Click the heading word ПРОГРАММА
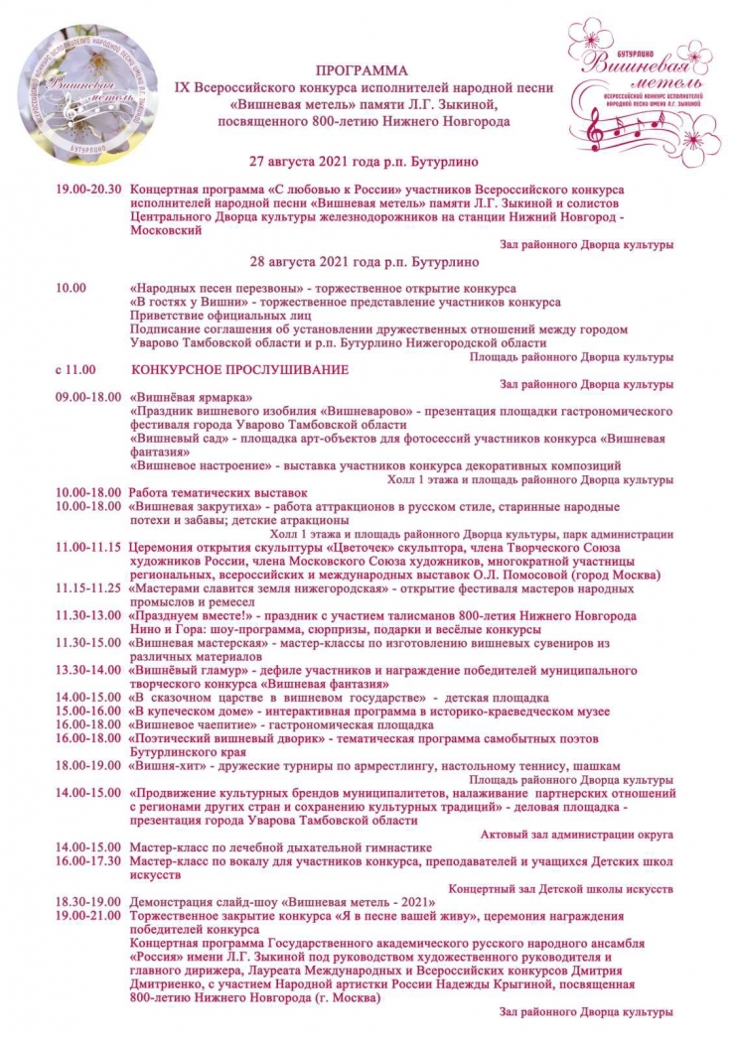[x=362, y=71]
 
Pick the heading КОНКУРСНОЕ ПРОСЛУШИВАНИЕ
[x=239, y=370]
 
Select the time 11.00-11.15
[x=87, y=547]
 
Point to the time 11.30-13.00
[x=87, y=615]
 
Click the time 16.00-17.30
[x=87, y=862]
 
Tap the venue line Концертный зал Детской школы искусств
[x=561, y=890]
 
